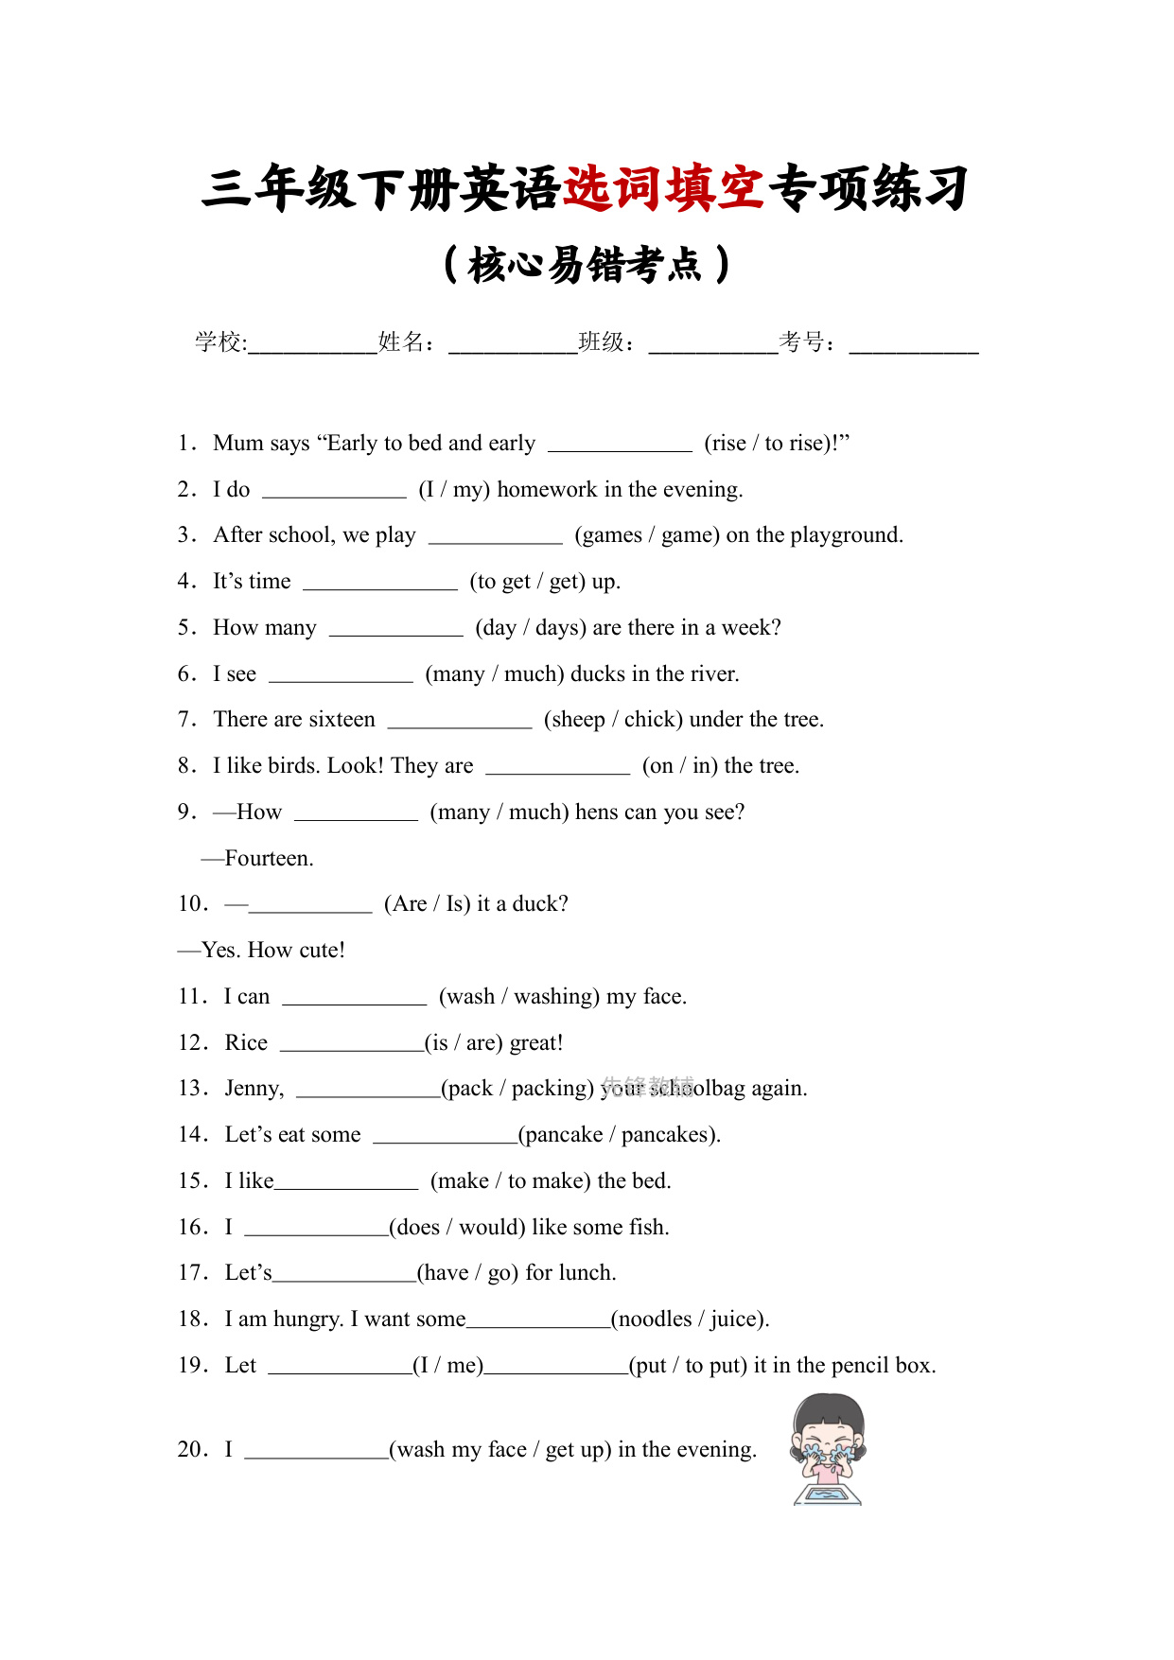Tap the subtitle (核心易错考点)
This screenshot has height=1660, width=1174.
click(587, 265)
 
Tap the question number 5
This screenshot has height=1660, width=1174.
click(185, 628)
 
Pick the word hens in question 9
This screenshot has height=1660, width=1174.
click(597, 813)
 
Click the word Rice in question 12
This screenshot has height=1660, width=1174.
click(246, 1043)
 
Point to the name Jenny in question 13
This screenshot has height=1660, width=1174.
click(253, 1089)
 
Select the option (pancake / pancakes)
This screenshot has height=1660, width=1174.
click(619, 1135)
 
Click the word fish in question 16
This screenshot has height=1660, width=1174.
click(647, 1228)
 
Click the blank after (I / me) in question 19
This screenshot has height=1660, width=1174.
click(556, 1368)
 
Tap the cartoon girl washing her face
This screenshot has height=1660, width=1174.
click(828, 1448)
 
